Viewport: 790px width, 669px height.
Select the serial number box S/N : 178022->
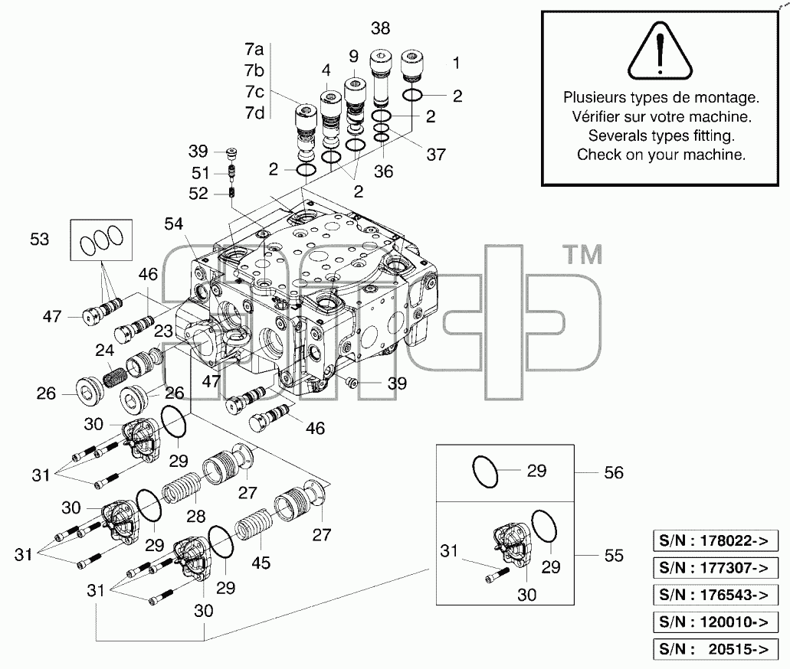[716, 541]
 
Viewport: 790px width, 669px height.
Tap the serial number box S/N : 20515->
[716, 649]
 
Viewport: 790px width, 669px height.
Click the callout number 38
[380, 28]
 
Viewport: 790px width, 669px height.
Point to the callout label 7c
[254, 92]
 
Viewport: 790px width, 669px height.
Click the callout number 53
[39, 239]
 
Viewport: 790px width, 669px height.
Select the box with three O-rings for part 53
[101, 240]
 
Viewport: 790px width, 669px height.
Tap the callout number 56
[614, 473]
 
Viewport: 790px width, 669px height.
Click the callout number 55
[614, 556]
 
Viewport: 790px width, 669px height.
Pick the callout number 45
[261, 563]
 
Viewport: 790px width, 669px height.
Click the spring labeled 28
[182, 489]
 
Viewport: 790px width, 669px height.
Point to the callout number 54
[174, 224]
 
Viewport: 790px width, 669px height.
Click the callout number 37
[436, 155]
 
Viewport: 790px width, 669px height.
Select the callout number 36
[383, 171]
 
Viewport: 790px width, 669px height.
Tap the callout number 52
[198, 194]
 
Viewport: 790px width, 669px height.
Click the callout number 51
[200, 173]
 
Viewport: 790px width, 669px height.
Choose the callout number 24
[105, 351]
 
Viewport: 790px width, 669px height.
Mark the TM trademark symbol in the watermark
[583, 255]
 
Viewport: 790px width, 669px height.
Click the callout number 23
[163, 331]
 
